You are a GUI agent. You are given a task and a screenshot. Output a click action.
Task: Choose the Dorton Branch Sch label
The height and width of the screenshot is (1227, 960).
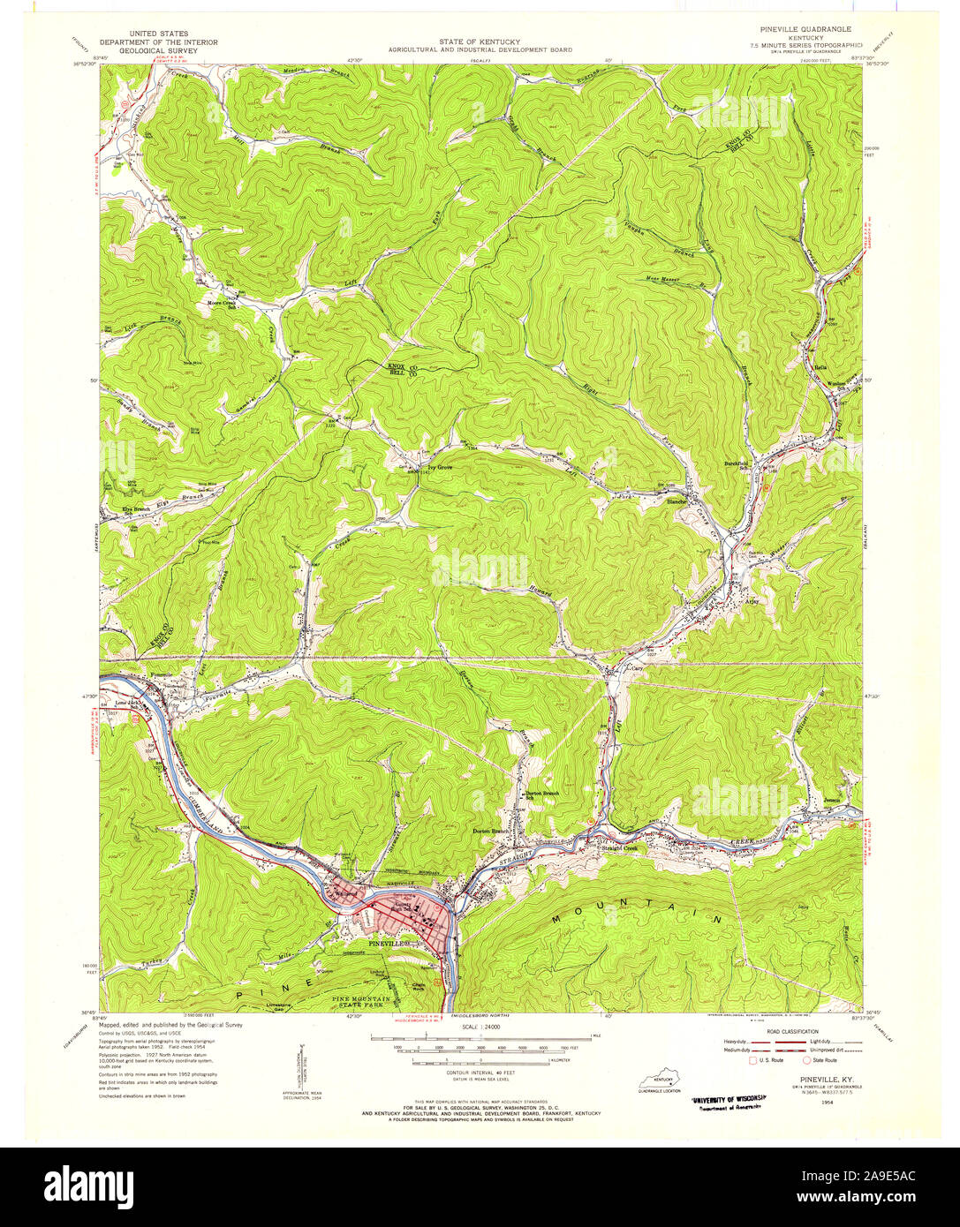point(543,795)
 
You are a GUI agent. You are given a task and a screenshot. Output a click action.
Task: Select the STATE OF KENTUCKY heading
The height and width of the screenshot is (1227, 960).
point(480,42)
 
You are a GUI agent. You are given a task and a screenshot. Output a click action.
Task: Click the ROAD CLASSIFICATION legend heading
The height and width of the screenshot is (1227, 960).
point(792,1031)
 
